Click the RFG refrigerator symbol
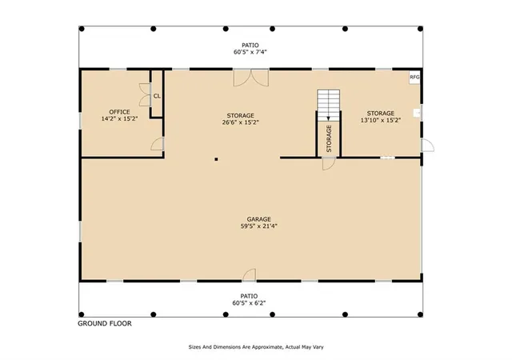tap(414, 78)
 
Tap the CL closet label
tap(157, 96)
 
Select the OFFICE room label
tap(119, 112)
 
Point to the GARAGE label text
tap(259, 219)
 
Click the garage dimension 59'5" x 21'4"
tap(259, 226)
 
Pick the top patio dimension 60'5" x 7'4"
tap(250, 52)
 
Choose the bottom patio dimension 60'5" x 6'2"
tap(249, 303)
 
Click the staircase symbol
tap(329, 105)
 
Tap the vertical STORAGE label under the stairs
tap(329, 138)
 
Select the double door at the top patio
tap(250, 78)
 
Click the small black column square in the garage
tap(216, 159)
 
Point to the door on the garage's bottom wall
tap(249, 275)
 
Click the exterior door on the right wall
tap(427, 146)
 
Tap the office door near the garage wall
tap(158, 144)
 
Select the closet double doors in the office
tap(145, 94)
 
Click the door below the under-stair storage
tap(329, 163)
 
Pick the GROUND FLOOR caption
tap(105, 323)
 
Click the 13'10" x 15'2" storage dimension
tap(381, 120)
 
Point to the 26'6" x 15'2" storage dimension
tap(241, 122)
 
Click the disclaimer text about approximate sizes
tap(256, 347)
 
